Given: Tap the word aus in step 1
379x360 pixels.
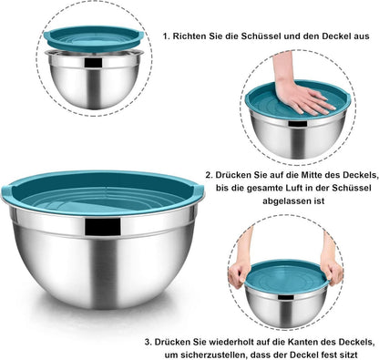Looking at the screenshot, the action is (363, 36).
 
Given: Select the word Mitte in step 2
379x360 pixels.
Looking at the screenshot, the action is (312, 175).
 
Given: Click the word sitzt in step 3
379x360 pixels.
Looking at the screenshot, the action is (350, 355).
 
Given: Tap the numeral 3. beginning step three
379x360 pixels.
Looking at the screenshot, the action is (148, 342).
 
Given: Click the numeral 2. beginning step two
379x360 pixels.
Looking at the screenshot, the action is (209, 175).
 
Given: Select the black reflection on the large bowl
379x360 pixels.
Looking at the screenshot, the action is (103, 226).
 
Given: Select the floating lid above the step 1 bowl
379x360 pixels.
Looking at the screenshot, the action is (94, 38).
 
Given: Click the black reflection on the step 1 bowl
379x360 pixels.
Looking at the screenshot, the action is (93, 62).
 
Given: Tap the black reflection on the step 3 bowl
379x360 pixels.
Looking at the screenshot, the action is (286, 297).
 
